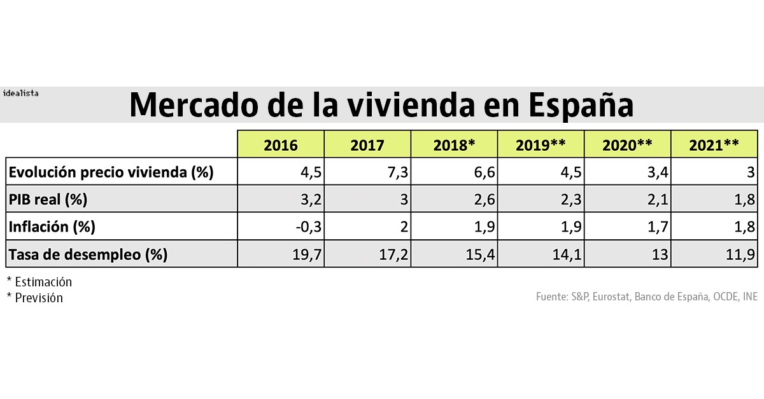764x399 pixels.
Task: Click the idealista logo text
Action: coord(20,93)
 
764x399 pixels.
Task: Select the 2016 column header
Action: coord(281,145)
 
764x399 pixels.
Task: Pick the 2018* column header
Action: coord(454,145)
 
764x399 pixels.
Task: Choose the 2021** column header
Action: coord(714,145)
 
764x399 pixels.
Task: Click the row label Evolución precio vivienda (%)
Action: coord(111,172)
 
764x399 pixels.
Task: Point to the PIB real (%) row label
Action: coord(48,199)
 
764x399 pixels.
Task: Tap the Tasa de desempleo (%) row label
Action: coord(87,255)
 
